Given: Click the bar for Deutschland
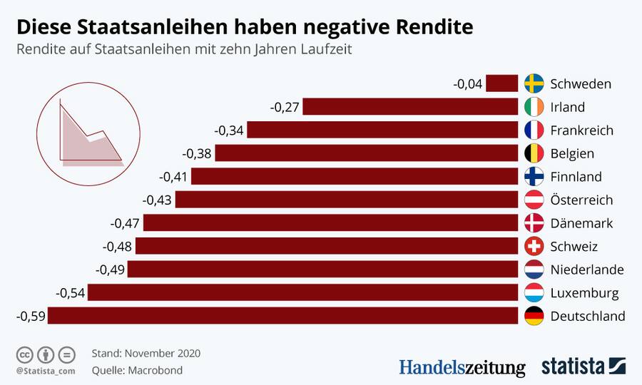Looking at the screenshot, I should click(x=282, y=316).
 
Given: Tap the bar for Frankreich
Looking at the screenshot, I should click(x=382, y=130).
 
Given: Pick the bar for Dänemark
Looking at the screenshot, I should click(x=330, y=223).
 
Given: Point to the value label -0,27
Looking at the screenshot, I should click(x=285, y=107).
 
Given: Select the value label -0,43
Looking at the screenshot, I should click(x=158, y=200).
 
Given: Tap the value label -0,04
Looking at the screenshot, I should click(x=468, y=83).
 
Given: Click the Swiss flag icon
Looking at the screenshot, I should click(x=534, y=247).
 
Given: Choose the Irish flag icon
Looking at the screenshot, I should click(x=534, y=107).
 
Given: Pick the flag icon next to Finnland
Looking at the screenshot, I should click(x=534, y=177).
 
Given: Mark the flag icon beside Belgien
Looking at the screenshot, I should click(x=534, y=153).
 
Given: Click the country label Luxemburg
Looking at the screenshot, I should click(x=584, y=293).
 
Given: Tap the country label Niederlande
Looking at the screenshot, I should click(x=587, y=269).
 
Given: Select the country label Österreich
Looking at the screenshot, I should click(x=581, y=200).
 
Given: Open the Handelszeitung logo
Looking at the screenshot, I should click(x=462, y=367).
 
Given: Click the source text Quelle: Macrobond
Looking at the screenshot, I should click(x=137, y=370).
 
